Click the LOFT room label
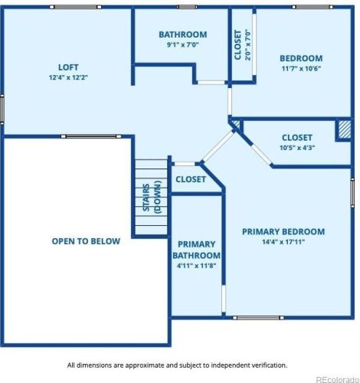click(68, 67)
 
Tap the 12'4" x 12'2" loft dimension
click(68, 77)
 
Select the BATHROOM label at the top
click(183, 34)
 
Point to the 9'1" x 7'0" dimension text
click(183, 44)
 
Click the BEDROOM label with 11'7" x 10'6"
click(301, 58)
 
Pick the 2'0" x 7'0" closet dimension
click(248, 44)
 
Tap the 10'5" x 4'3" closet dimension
click(297, 148)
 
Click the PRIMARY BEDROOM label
click(283, 231)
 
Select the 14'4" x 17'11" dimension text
click(283, 241)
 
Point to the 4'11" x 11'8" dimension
click(197, 266)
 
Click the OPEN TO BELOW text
click(86, 241)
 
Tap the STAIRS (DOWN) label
click(152, 197)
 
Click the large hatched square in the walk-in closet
click(345, 129)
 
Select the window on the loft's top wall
click(75, 7)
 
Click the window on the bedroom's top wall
click(313, 7)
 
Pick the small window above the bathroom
click(187, 7)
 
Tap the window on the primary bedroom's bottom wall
click(258, 318)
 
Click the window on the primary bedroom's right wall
click(352, 192)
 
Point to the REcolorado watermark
click(338, 379)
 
